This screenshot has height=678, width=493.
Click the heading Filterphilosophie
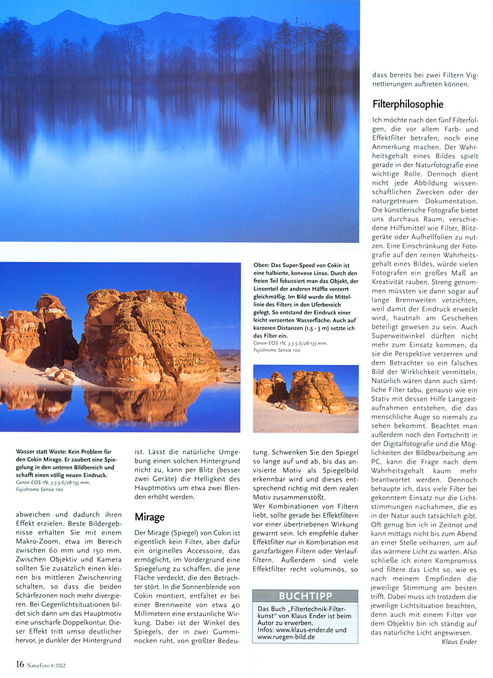coord(408,104)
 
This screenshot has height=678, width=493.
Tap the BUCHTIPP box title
coord(304,597)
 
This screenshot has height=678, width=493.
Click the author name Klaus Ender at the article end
coord(459,642)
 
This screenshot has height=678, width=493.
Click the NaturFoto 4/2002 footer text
coord(49,664)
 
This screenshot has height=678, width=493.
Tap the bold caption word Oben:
coord(264,265)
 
